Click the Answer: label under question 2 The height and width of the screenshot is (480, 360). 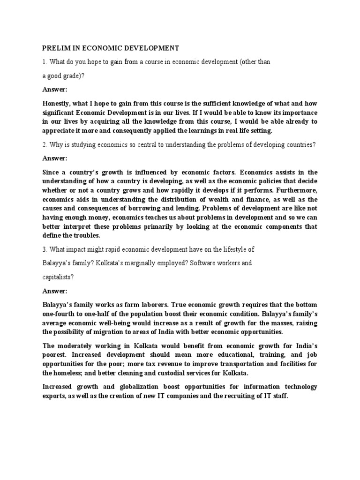pyautogui.click(x=55, y=158)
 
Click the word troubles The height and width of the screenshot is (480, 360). pyautogui.click(x=87, y=235)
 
